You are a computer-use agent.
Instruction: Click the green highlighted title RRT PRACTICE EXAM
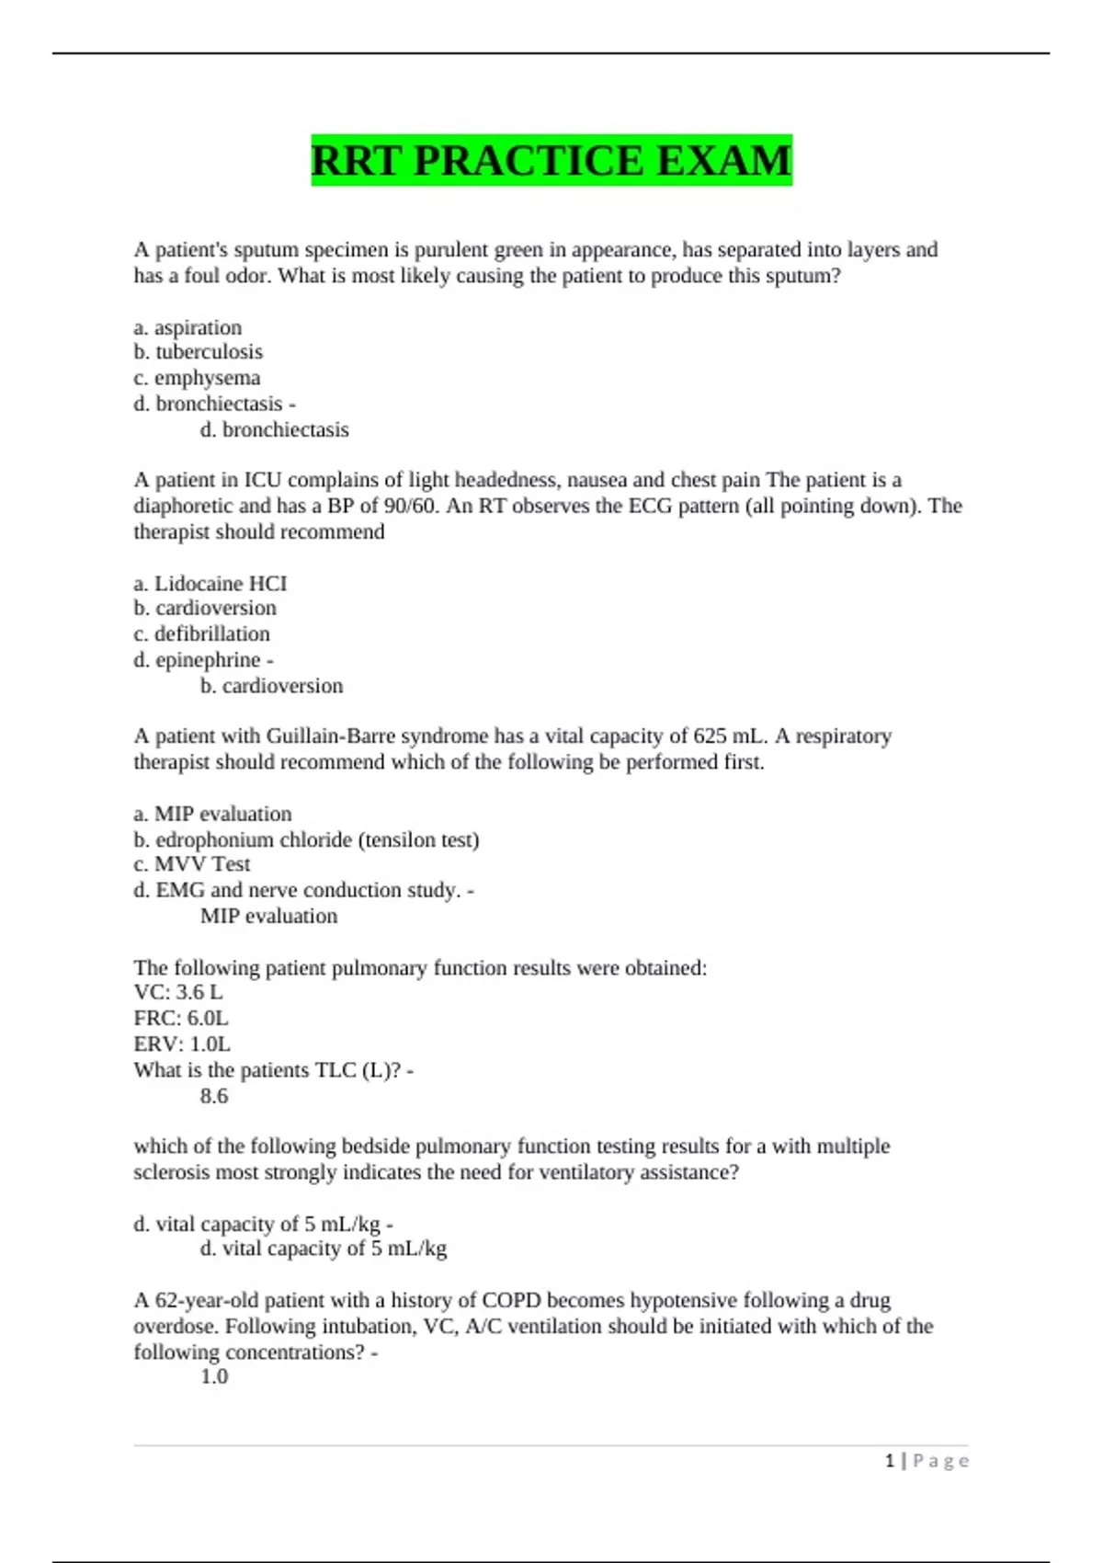[x=551, y=161]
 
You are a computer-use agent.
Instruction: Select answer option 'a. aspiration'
[x=188, y=327]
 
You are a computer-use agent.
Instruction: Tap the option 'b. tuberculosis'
[x=198, y=352]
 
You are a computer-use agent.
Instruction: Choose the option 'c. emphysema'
[x=197, y=378]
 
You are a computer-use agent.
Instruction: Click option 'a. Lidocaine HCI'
[x=210, y=583]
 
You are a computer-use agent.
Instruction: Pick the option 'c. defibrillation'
[x=201, y=633]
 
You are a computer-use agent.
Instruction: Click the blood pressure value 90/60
[x=406, y=506]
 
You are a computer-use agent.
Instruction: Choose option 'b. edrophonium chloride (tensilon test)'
[x=306, y=839]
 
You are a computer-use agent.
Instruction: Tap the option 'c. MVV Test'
[x=191, y=864]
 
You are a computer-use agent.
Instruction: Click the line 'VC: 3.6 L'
[x=178, y=992]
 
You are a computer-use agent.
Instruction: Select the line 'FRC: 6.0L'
[x=181, y=1018]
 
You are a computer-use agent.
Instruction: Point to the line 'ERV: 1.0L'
[x=182, y=1044]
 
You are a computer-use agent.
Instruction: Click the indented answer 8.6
[x=214, y=1096]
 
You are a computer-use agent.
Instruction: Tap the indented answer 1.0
[x=214, y=1376]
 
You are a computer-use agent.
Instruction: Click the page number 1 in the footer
[x=890, y=1461]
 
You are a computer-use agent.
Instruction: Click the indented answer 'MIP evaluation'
[x=268, y=916]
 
